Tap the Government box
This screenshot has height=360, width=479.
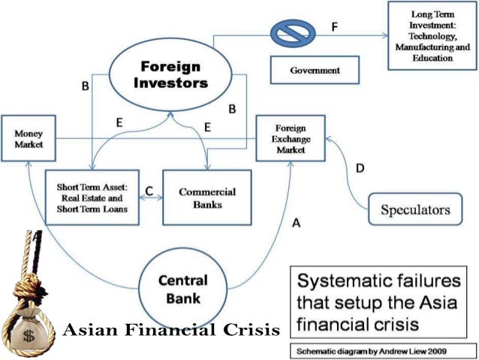[315, 71]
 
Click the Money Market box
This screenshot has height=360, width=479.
[29, 138]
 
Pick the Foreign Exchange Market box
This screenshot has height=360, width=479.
[291, 138]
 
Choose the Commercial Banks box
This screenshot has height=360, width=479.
[207, 197]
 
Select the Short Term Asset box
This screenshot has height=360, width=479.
[92, 198]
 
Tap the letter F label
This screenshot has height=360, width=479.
[335, 28]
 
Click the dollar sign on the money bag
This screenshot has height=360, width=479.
[27, 331]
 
